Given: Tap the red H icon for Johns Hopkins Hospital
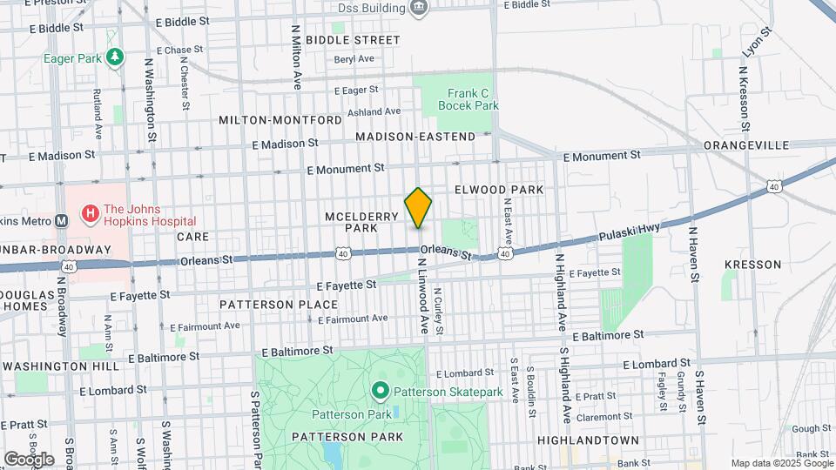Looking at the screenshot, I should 89,213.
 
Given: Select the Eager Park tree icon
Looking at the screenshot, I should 115,57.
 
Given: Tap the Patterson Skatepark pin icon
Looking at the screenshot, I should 380,392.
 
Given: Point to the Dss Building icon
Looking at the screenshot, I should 419,9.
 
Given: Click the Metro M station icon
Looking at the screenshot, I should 61,220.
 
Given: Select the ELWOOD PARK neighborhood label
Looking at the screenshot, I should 499,189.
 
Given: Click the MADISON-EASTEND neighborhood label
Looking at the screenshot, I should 415,137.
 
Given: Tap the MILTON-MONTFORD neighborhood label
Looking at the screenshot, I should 280,119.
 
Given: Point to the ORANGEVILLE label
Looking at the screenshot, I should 746,144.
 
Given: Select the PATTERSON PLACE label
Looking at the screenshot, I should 278,305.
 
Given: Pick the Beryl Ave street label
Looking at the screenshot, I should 354,59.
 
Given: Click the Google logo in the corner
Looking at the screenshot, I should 29,459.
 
